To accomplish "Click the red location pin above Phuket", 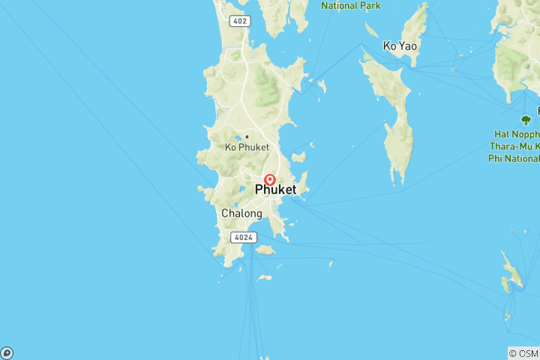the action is coord(269,180).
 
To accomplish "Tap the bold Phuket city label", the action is coord(275,190).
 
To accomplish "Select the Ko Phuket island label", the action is coord(247,147).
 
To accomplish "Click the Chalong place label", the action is coord(241,214).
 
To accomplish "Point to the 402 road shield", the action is coord(240,21).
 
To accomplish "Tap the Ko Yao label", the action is coord(400,46).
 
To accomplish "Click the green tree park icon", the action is coord(526,120).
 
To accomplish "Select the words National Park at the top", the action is coord(351,5).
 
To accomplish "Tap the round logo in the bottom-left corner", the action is coord(7,353).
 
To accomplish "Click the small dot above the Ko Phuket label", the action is coord(247,136).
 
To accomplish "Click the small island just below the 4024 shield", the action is coord(264,250).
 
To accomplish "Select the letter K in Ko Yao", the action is coord(387,46).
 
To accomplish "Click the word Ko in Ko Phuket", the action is coord(232,147).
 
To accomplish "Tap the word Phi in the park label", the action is coord(495,158).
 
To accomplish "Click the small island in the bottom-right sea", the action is coord(512,274).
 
